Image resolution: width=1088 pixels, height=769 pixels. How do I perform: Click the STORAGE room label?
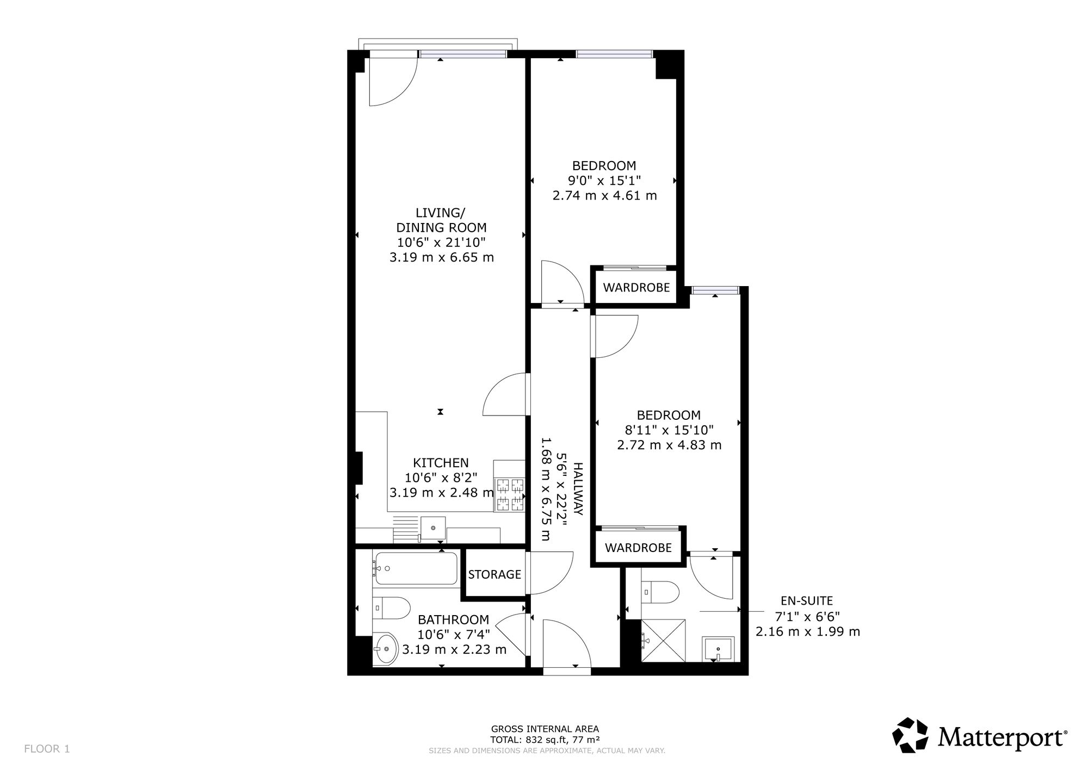[x=494, y=574]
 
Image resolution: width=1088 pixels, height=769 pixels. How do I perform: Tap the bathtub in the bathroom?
[x=416, y=568]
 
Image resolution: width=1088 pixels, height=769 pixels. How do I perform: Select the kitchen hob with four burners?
[x=509, y=494]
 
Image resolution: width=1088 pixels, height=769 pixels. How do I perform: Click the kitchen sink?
[x=433, y=528]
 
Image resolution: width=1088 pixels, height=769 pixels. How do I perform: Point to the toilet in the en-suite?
[x=660, y=592]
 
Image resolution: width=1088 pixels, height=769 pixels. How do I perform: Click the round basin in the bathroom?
[x=386, y=648]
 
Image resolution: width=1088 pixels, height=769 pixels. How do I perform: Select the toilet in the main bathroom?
[x=391, y=607]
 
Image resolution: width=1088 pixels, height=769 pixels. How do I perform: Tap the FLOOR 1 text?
[x=47, y=749]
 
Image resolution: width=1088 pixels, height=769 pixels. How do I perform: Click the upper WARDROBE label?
[x=636, y=288]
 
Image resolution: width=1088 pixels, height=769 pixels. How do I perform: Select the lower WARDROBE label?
[x=638, y=548]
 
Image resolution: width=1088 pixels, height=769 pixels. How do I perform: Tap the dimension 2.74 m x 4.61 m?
[x=604, y=195]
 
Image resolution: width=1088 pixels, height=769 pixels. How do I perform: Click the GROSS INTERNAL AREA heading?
[x=545, y=729]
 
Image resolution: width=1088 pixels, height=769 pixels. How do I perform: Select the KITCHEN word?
[x=441, y=463]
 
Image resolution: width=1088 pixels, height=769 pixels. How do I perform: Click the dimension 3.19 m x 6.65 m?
[x=442, y=257]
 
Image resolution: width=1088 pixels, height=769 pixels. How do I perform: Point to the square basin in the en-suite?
[x=718, y=649]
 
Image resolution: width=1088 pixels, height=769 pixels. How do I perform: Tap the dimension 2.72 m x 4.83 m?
[x=669, y=445]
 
